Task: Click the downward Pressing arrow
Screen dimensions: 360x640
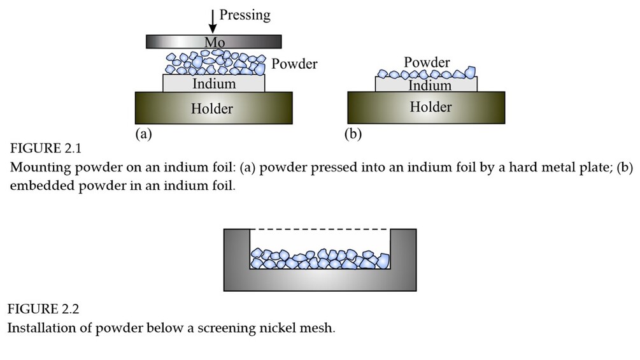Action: click(212, 21)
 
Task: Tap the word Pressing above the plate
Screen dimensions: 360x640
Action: click(245, 15)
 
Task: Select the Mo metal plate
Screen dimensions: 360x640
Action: click(214, 41)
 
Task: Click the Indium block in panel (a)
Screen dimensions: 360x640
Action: click(214, 83)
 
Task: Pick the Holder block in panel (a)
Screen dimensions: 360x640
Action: click(213, 108)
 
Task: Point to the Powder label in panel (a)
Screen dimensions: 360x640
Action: click(294, 64)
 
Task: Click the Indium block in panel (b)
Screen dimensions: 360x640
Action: click(425, 85)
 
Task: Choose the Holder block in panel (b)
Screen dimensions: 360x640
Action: click(425, 107)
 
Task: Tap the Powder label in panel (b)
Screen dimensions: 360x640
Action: click(427, 62)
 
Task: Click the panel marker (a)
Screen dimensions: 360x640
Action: click(143, 134)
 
